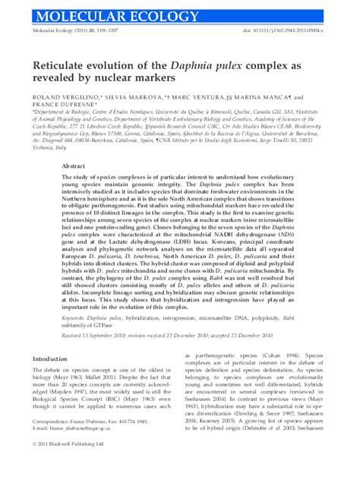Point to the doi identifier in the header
[x=297, y=29]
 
